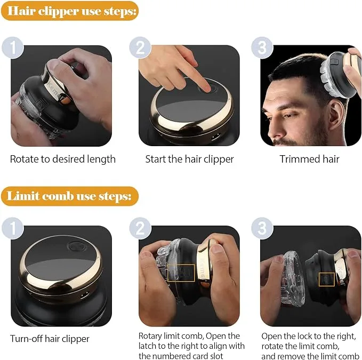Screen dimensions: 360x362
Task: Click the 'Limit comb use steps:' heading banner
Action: [x=69, y=196]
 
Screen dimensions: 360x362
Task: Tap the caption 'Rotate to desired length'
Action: [x=62, y=159]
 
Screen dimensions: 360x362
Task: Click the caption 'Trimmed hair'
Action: [x=309, y=159]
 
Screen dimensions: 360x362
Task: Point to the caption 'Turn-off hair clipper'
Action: [x=50, y=339]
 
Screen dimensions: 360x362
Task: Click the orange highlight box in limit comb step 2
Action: [x=180, y=273]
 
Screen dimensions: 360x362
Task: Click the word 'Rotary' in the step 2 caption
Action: [x=151, y=336]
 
